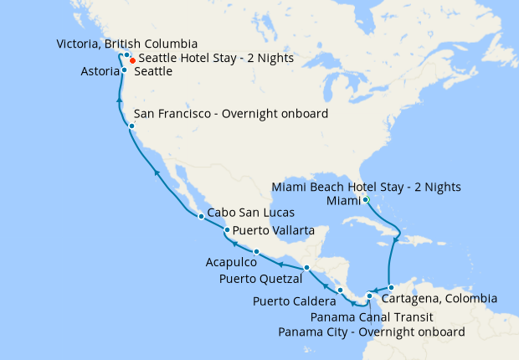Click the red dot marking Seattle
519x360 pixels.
132,61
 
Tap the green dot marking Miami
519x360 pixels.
366,199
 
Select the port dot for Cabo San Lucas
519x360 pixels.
201,217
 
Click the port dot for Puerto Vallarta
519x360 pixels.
227,230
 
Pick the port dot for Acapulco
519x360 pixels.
255,252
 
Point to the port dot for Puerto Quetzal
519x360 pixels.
307,267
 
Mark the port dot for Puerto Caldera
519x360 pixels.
340,290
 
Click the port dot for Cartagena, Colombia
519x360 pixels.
390,288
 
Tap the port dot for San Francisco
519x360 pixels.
131,126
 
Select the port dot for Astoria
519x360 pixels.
124,70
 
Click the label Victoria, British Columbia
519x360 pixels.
126,44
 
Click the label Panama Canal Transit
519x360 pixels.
371,317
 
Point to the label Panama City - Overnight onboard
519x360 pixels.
371,332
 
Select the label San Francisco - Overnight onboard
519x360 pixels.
231,114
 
